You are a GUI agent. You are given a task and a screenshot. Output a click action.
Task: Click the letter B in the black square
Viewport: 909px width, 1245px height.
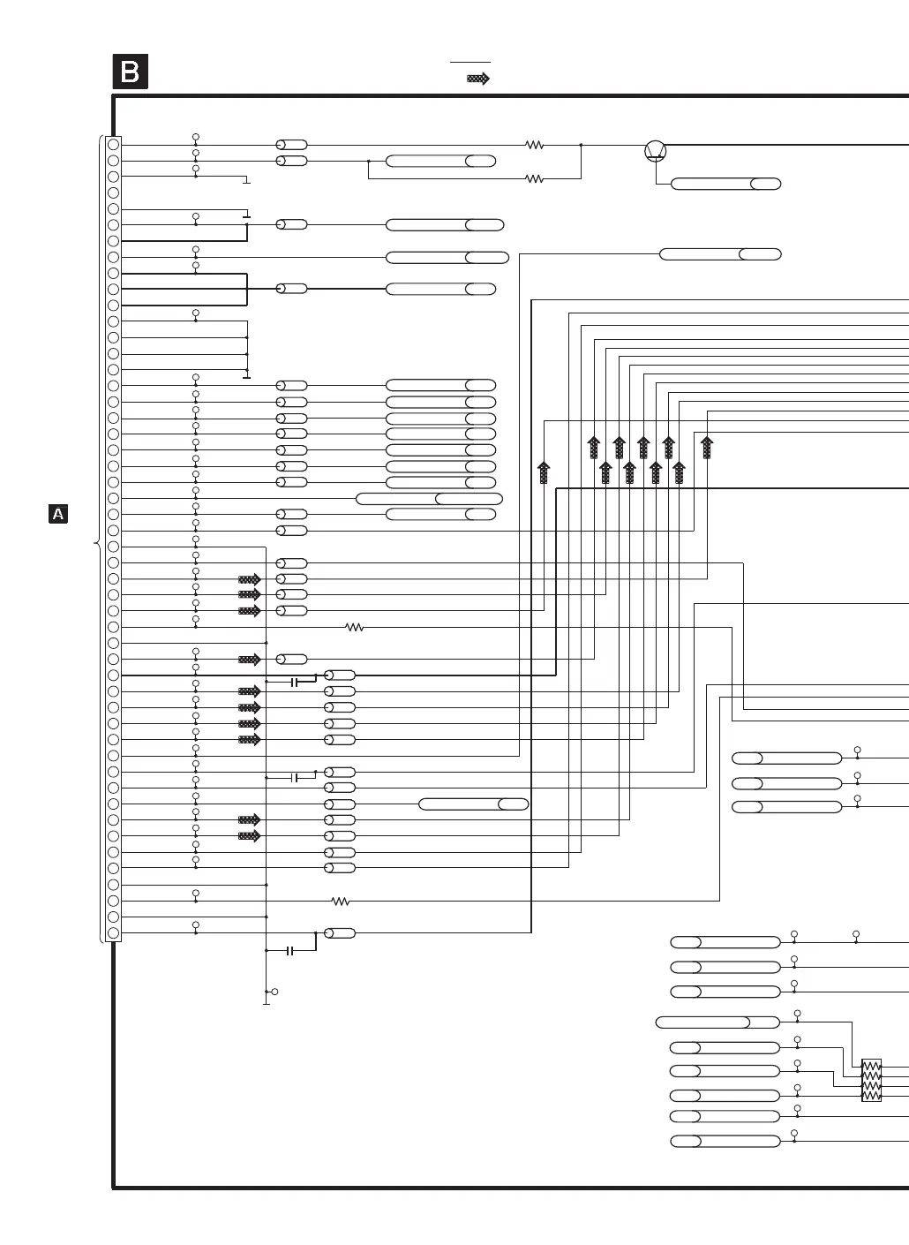130,72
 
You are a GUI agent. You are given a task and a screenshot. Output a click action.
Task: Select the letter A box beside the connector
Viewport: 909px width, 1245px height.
58,514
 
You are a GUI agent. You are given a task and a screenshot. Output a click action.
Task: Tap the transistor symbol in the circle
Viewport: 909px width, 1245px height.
655,151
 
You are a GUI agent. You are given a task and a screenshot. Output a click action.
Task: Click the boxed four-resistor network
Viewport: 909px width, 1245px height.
871,1080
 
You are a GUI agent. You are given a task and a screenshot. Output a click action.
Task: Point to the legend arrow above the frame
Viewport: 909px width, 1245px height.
477,79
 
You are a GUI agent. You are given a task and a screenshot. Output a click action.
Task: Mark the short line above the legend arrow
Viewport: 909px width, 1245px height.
470,63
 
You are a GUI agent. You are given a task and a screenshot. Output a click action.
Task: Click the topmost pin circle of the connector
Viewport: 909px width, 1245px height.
113,144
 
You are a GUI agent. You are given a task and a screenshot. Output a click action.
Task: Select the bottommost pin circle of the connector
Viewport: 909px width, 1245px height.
113,933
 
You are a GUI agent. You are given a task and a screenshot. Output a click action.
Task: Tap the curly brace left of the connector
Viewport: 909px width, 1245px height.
97,539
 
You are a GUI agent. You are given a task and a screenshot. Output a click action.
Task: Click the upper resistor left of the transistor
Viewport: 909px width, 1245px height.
534,145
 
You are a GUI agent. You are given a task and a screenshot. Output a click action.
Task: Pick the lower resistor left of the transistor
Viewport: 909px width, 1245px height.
534,178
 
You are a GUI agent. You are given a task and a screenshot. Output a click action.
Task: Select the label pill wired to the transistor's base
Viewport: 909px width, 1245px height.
725,184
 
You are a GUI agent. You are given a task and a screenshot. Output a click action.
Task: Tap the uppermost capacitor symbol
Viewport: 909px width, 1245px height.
295,683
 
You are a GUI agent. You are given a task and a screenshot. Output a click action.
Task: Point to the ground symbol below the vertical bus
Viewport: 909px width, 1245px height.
267,1004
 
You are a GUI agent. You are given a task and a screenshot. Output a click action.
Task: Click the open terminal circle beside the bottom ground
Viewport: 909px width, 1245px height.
275,992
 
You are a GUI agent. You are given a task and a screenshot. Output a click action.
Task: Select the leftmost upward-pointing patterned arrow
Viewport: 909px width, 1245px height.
544,472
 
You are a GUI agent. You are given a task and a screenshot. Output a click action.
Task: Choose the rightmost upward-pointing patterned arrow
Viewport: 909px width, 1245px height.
707,448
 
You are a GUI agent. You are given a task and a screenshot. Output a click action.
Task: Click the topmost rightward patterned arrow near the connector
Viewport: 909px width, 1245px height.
250,579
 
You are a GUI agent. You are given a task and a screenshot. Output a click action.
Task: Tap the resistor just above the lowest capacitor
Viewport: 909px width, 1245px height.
341,902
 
